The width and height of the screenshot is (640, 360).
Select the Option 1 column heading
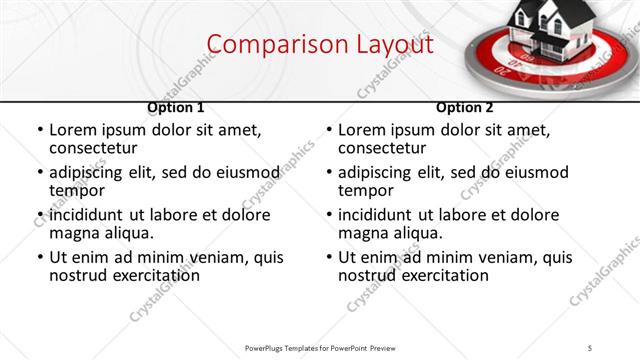tap(176, 107)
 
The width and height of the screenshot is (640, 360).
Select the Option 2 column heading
tap(465, 107)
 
